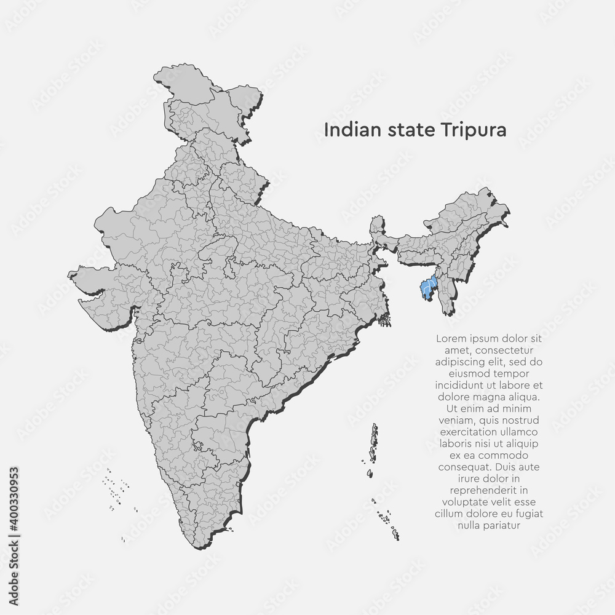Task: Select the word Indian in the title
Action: tap(345, 130)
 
